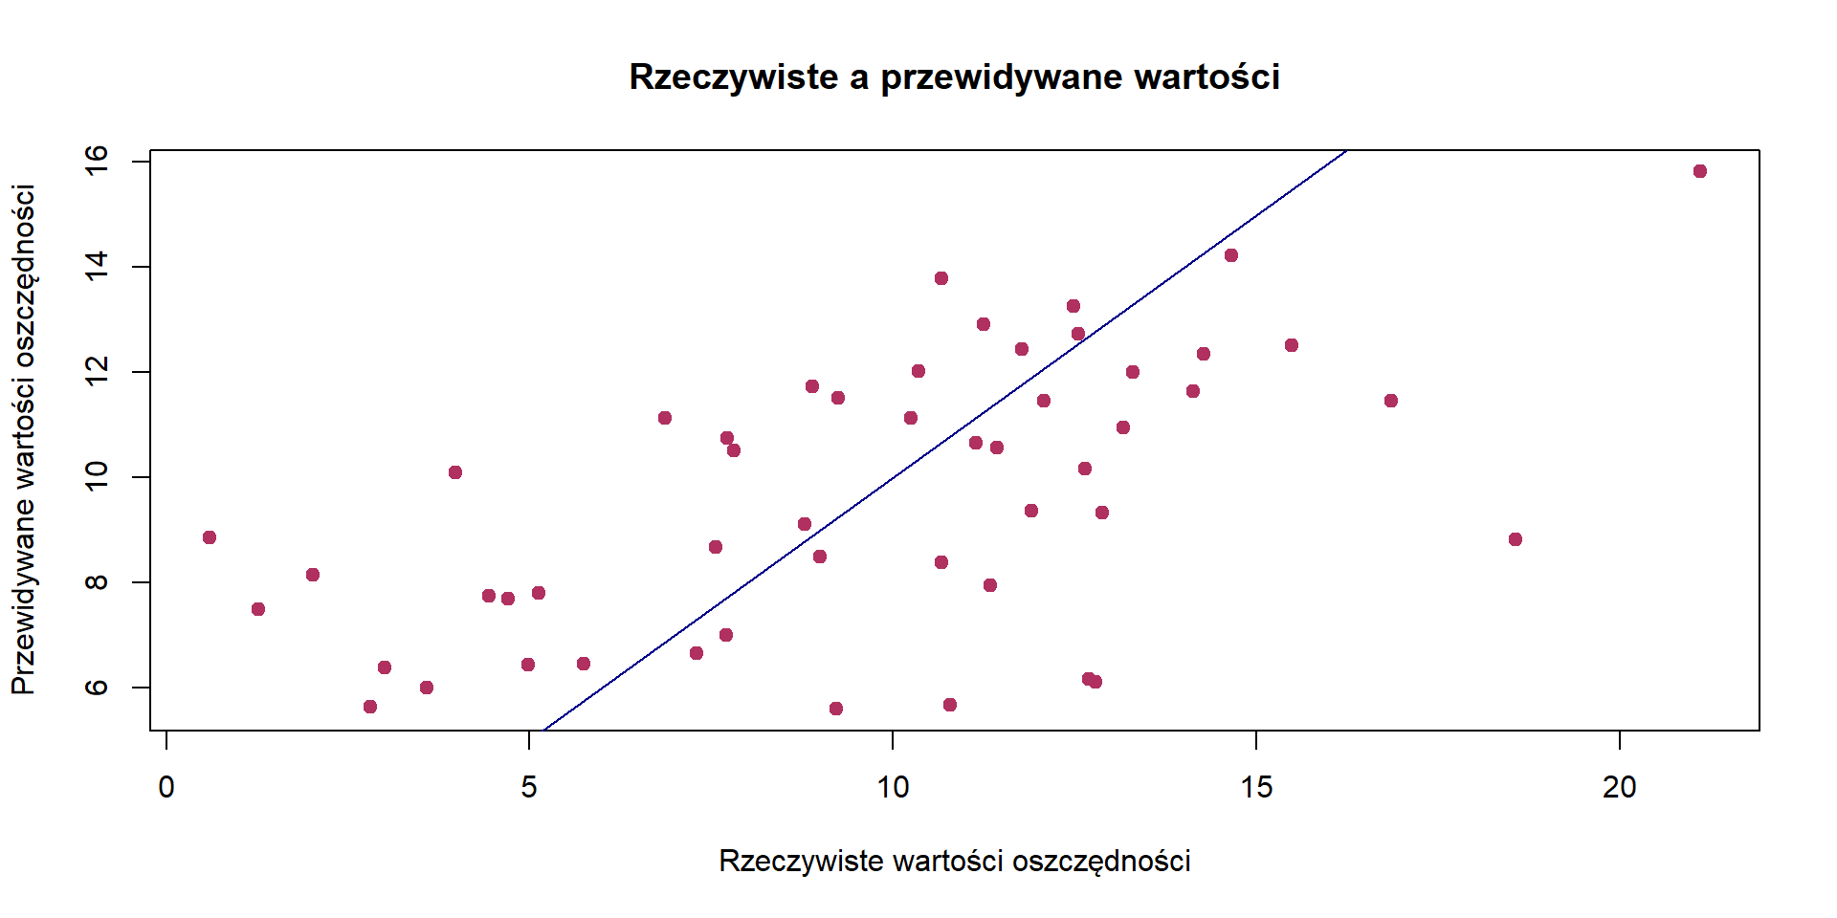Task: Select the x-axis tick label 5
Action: click(x=529, y=787)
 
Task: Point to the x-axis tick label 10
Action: click(x=893, y=787)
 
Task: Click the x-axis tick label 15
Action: click(x=1256, y=787)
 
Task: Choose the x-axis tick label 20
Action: click(x=1620, y=787)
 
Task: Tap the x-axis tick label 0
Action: click(x=166, y=787)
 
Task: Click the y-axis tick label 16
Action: click(x=98, y=161)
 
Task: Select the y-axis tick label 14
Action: click(x=98, y=266)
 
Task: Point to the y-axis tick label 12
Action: click(x=98, y=371)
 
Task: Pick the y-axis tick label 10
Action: click(x=98, y=476)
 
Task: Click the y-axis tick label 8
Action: click(x=98, y=581)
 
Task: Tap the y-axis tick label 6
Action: click(x=98, y=687)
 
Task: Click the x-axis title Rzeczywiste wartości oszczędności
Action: click(x=954, y=861)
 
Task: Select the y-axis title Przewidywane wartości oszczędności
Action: click(x=24, y=440)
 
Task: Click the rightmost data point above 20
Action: click(x=1700, y=171)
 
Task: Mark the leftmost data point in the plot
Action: click(x=210, y=537)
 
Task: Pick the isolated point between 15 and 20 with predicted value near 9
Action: click(x=1516, y=539)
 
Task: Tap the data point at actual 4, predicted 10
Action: click(x=455, y=472)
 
